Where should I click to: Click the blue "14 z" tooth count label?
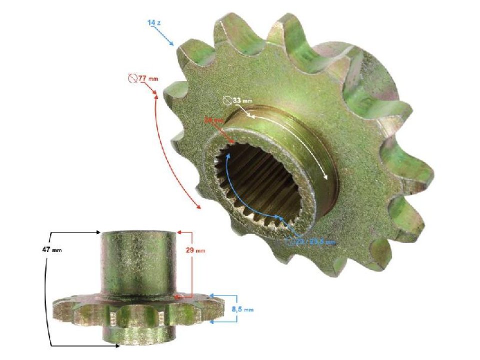153,23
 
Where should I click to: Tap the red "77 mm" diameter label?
142,79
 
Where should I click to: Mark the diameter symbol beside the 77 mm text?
132,78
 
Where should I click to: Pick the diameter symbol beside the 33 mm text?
227,100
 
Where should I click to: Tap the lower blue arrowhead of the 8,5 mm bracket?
212,322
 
